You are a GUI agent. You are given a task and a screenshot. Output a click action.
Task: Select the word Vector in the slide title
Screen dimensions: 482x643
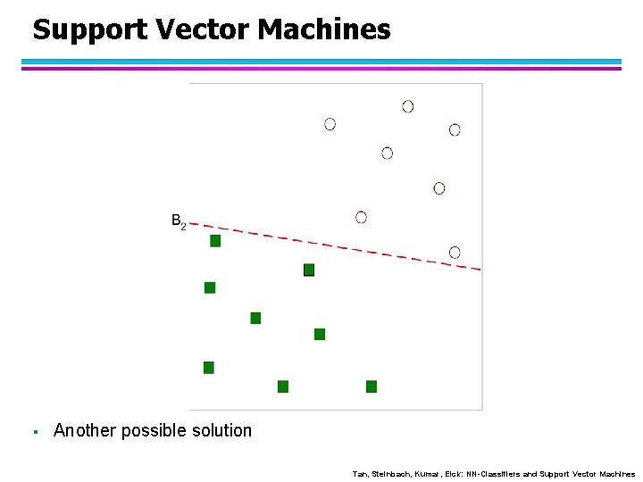pos(203,30)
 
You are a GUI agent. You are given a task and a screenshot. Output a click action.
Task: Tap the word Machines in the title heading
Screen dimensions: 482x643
pos(324,30)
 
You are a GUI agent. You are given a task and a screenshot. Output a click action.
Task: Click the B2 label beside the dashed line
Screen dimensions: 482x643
pos(178,221)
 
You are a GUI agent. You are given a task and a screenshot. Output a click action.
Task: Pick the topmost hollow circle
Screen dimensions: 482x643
pos(408,106)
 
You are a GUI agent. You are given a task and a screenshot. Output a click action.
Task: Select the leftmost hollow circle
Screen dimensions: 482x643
pos(330,124)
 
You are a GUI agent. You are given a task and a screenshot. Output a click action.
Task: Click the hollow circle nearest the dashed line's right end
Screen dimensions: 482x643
pos(455,253)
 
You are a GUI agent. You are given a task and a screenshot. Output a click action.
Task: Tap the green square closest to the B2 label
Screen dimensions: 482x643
pos(215,241)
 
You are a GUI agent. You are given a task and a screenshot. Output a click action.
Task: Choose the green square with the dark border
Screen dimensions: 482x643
pos(309,270)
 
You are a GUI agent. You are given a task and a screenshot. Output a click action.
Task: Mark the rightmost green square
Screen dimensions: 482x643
pos(372,386)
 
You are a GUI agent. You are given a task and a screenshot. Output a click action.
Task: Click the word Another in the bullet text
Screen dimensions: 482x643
pos(85,431)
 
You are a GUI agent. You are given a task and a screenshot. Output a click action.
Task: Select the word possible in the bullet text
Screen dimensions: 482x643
pos(159,431)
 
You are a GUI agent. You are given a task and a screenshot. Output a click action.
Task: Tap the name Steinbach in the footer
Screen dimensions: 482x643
pos(389,474)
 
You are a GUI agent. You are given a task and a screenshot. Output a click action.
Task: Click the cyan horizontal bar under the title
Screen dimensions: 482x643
pos(321,62)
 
